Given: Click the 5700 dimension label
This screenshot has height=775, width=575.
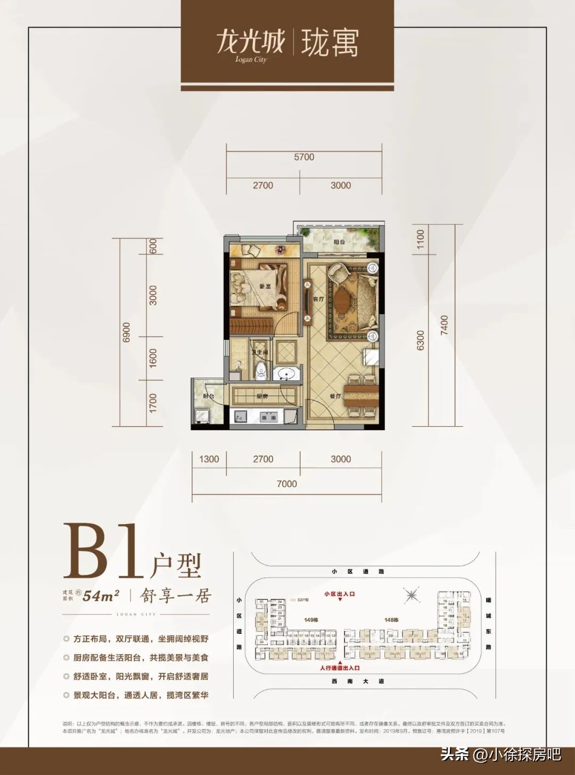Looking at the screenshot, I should pyautogui.click(x=304, y=157).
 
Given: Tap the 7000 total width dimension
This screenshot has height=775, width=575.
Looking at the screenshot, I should pyautogui.click(x=286, y=484).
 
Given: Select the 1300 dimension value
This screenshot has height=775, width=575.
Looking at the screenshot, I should pyautogui.click(x=209, y=459).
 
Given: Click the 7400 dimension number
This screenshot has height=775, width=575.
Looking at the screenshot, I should pyautogui.click(x=445, y=325).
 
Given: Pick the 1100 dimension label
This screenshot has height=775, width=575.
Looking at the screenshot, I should pyautogui.click(x=421, y=239).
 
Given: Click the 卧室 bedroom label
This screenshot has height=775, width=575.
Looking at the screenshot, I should pyautogui.click(x=265, y=285).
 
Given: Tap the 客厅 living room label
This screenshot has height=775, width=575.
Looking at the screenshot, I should pyautogui.click(x=318, y=299).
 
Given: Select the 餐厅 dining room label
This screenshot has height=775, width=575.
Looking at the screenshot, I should pyautogui.click(x=335, y=396).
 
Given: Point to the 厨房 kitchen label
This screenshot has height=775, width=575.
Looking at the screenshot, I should pyautogui.click(x=261, y=396).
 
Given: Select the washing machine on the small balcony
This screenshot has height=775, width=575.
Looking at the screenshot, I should pyautogui.click(x=202, y=415).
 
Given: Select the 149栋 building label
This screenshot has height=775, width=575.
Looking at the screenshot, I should pyautogui.click(x=311, y=620).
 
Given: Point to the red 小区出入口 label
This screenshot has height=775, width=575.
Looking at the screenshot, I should pyautogui.click(x=339, y=593).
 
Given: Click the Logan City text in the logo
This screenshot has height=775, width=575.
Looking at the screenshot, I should pyautogui.click(x=251, y=60).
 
